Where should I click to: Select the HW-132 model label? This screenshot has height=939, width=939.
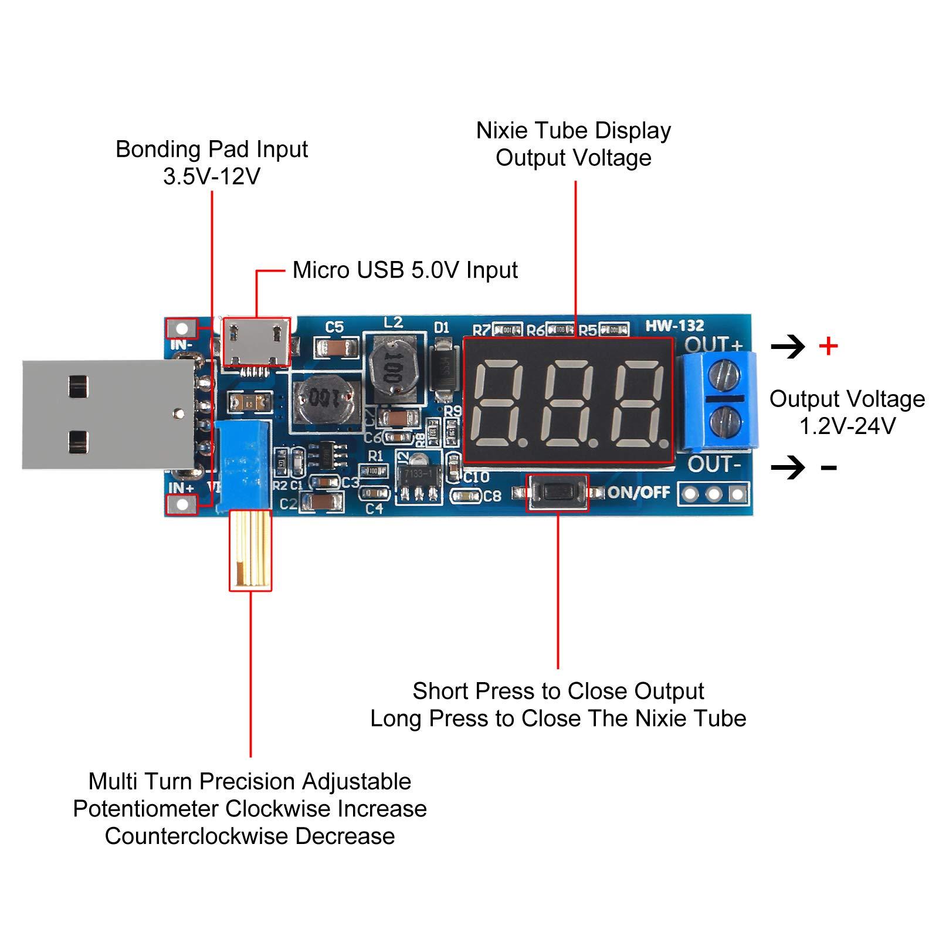point(674,326)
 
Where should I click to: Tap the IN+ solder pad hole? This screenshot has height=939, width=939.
point(182,503)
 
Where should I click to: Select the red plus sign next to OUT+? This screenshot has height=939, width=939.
point(828,347)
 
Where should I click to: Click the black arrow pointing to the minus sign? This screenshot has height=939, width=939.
point(788,467)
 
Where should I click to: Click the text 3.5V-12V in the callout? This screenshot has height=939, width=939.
point(211,177)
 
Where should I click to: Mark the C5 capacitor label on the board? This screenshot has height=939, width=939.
point(334,327)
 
